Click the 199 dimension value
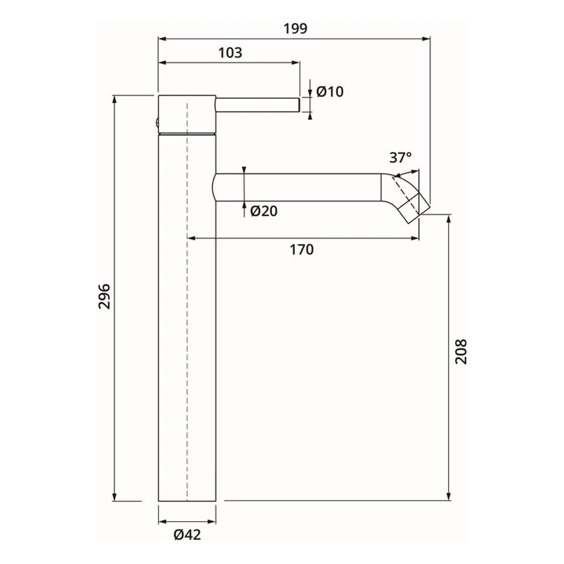295,29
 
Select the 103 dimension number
230,53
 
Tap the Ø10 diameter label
330,92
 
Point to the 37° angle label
400,157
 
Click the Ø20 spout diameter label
264,211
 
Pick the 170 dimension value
302,250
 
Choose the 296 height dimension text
105,297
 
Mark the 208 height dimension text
461,351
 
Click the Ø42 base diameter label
187,534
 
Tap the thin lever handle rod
258,105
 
